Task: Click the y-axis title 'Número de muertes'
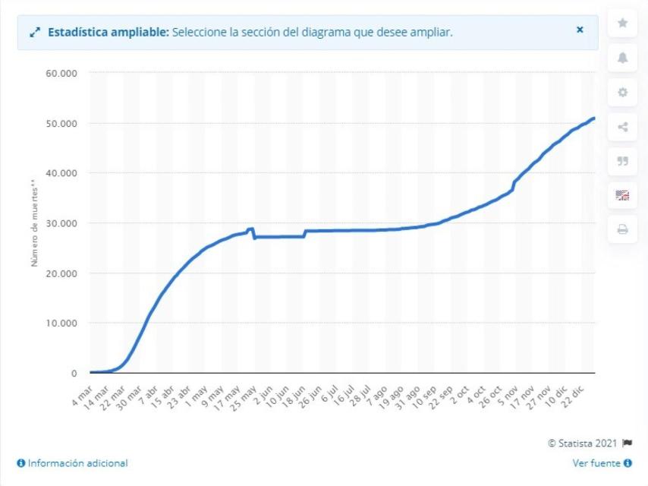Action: click(34, 222)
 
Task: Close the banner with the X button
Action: click(580, 30)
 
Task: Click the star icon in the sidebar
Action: click(622, 24)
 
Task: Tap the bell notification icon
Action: click(622, 58)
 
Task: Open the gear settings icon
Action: click(622, 93)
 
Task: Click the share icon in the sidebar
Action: click(622, 127)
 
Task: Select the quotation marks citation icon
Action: click(622, 161)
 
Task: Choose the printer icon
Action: click(622, 229)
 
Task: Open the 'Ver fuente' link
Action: click(599, 462)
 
